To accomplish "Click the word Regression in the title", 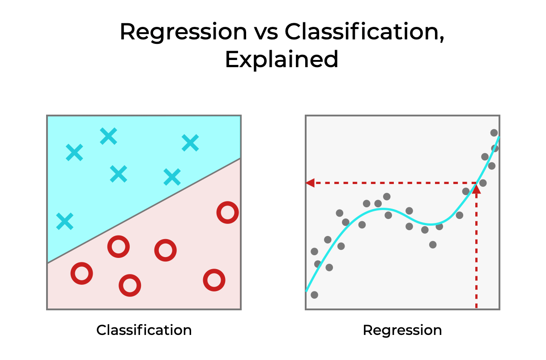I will point(183,32).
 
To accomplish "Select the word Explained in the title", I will point(281,60).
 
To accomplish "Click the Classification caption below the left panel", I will point(144,330).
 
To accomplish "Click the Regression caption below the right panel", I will point(402,330).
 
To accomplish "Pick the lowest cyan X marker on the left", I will point(65,221).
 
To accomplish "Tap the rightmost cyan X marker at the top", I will point(190,143).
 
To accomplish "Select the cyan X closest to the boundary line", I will point(172,177).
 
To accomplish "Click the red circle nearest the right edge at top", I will point(227,213).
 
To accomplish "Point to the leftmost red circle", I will point(82,273).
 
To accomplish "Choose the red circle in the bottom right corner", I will point(214,280).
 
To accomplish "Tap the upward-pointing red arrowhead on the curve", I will point(476,189).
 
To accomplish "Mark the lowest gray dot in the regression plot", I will point(314,295).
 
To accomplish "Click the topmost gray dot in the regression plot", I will point(494,133).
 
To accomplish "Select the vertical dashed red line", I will point(476,251).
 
